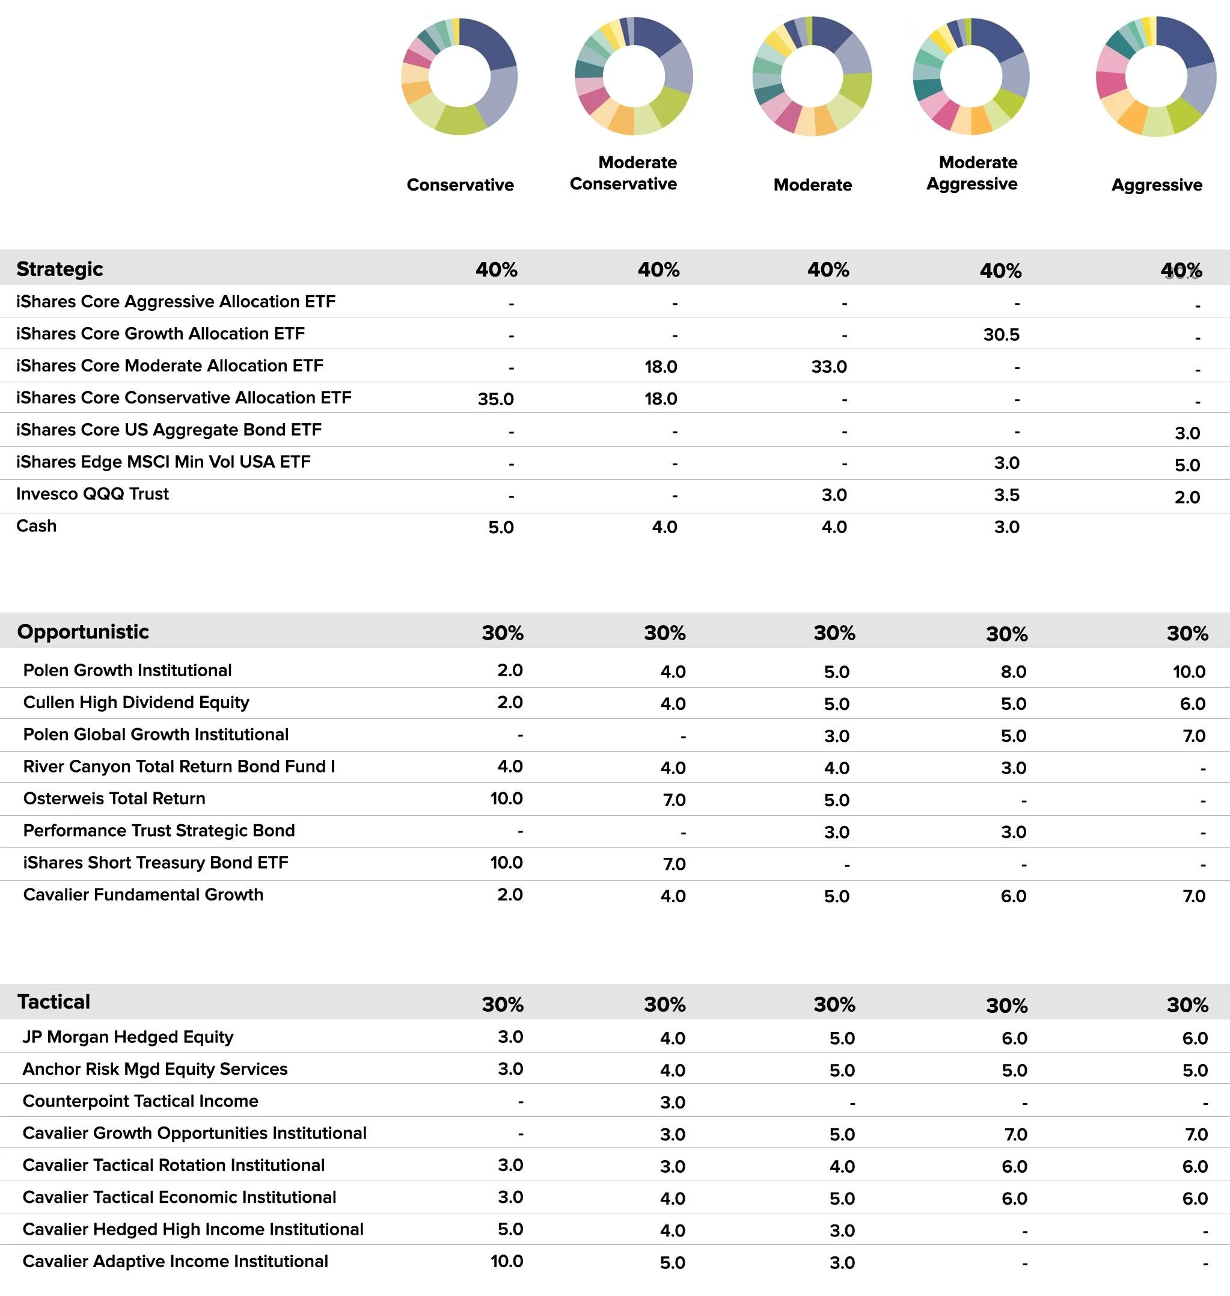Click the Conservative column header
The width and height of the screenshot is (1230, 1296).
[x=460, y=185]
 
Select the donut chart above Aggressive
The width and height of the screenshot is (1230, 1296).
[x=1156, y=77]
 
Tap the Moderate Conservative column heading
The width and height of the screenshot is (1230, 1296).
[x=623, y=173]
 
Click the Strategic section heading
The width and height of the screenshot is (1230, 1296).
[x=60, y=269]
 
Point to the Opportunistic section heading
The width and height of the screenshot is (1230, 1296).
[x=84, y=632]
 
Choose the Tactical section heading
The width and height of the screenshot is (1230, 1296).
[x=54, y=1002]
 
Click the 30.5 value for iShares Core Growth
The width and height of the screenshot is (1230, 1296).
[x=1001, y=335]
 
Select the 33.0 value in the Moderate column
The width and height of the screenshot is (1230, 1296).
[x=829, y=367]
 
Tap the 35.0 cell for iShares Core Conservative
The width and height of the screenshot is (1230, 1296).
[x=496, y=399]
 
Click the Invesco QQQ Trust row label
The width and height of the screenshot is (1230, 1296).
[x=93, y=494]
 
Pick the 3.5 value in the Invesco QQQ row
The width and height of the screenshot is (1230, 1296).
[x=1006, y=495]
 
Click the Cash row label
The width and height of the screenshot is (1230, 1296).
[x=37, y=527]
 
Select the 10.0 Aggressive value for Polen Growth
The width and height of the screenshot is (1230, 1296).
[x=1189, y=672]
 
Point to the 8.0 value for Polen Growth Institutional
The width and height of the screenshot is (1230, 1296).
[x=1013, y=672]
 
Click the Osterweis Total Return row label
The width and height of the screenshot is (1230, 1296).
[x=114, y=799]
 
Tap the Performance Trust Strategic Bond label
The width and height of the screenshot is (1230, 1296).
[x=159, y=831]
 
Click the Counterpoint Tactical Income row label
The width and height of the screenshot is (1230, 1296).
[x=140, y=1101]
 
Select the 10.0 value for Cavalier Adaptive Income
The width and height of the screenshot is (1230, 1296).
[x=506, y=1262]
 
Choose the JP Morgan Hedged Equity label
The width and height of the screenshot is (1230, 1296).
[x=128, y=1037]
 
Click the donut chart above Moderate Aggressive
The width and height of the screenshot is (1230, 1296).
[x=971, y=77]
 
